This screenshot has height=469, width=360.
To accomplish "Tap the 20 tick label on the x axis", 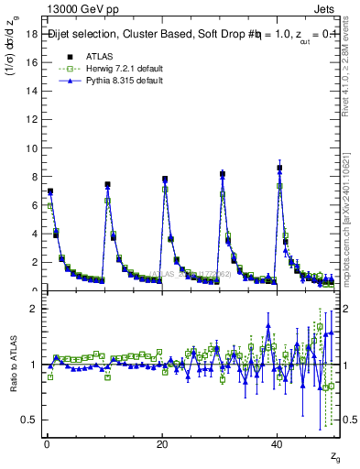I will tap(162, 443).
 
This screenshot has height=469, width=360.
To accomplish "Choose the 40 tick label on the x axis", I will tap(278, 443).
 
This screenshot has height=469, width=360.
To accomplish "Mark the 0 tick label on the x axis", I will tap(47, 443).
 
